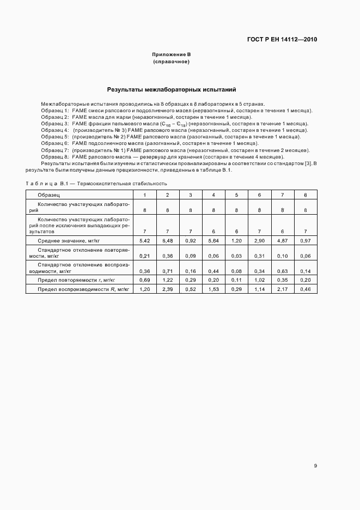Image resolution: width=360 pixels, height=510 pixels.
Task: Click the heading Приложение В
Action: coord(171,55)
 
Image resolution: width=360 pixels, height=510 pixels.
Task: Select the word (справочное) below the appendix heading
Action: coord(171,62)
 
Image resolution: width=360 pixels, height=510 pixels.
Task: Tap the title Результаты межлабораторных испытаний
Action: coord(171,89)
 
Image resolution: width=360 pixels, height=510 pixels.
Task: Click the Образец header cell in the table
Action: coord(48,195)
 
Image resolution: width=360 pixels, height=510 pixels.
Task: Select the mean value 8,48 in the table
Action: coord(167,240)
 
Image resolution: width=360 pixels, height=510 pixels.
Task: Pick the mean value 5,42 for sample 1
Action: coord(144,240)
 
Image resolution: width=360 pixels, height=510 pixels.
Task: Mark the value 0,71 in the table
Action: coord(167,271)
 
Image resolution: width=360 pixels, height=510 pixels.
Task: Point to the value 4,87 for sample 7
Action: coord(282,240)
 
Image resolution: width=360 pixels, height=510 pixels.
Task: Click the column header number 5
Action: coord(236,195)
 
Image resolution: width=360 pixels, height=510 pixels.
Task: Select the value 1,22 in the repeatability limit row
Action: coord(167,280)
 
